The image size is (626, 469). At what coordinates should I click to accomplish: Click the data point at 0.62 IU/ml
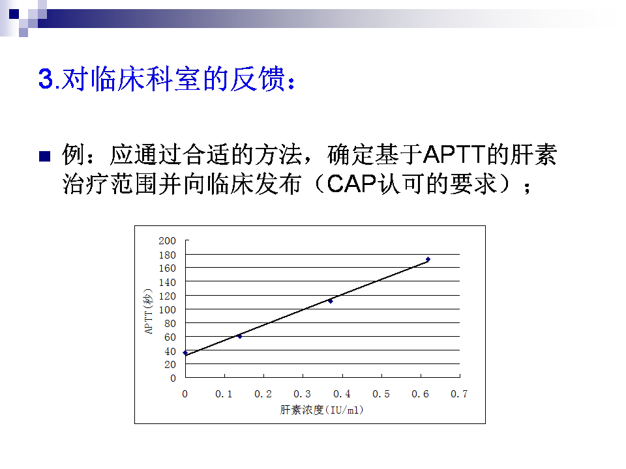click(x=428, y=260)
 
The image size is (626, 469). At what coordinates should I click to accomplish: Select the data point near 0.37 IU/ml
click(x=330, y=301)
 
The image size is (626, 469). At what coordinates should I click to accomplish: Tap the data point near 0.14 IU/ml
click(x=239, y=337)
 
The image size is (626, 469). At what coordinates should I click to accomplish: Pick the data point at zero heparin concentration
click(x=185, y=353)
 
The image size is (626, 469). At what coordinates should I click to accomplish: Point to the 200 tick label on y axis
click(x=168, y=241)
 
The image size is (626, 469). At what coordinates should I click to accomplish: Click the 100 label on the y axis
click(x=168, y=310)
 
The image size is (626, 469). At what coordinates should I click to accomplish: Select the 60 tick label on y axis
click(x=170, y=337)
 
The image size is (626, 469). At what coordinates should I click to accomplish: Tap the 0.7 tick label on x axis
click(x=459, y=394)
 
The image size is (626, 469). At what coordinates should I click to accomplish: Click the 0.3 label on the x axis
click(x=302, y=394)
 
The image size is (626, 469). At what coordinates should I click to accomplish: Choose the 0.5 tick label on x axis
click(x=381, y=394)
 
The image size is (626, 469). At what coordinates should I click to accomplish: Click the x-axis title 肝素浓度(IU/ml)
click(x=321, y=410)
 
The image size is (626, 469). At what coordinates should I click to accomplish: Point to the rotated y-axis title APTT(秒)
click(x=148, y=311)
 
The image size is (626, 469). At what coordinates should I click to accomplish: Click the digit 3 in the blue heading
click(x=46, y=79)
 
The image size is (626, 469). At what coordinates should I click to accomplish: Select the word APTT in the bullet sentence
click(x=455, y=154)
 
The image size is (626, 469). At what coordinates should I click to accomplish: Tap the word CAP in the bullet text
click(x=351, y=184)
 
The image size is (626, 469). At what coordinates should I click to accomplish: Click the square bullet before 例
click(x=45, y=156)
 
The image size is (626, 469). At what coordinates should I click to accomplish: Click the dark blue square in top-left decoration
click(x=14, y=14)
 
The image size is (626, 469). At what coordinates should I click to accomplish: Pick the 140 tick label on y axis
click(x=168, y=283)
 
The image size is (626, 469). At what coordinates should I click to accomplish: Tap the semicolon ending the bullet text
click(x=528, y=188)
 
